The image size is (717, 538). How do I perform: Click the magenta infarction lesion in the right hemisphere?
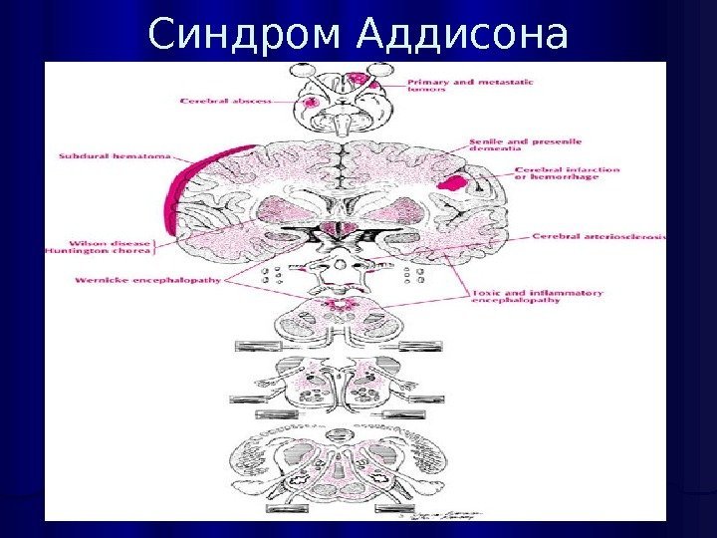pyautogui.click(x=453, y=182)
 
